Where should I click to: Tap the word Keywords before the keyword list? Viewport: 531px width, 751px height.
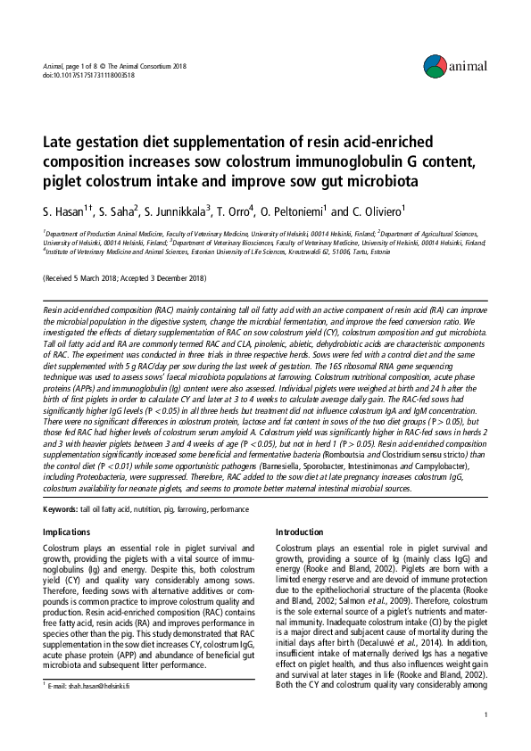point(61,508)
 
